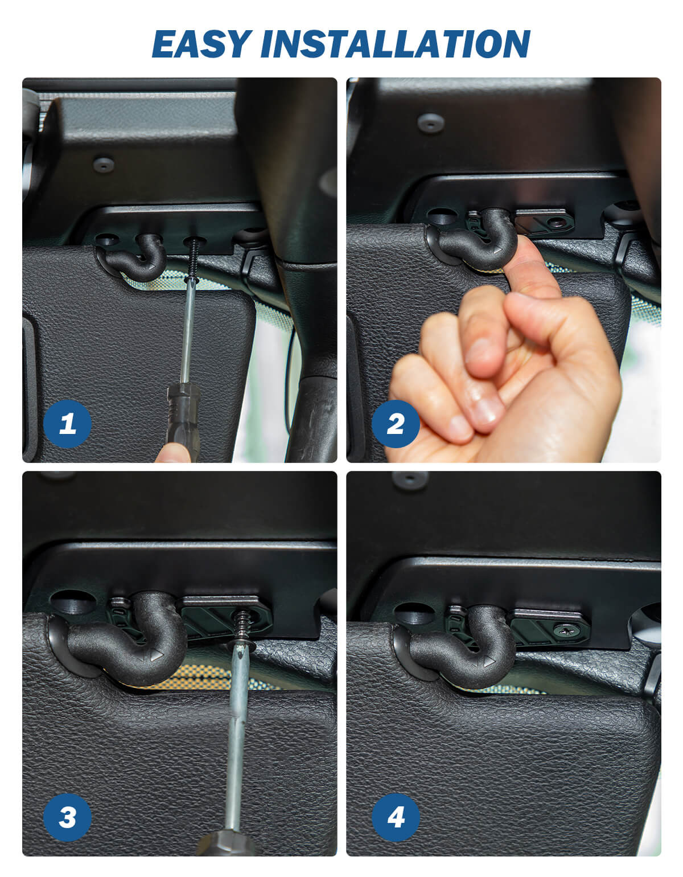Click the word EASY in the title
pyautogui.click(x=201, y=44)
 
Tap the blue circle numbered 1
pyautogui.click(x=67, y=424)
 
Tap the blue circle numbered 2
pyautogui.click(x=396, y=424)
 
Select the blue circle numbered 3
pyautogui.click(x=67, y=817)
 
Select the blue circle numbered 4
pyautogui.click(x=396, y=817)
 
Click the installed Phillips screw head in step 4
pyautogui.click(x=566, y=630)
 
